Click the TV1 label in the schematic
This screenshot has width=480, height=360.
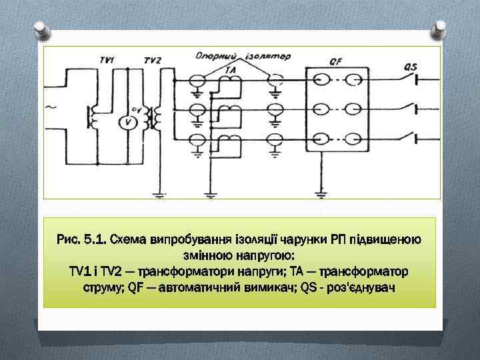[x=107, y=60]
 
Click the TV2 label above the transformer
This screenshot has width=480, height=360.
[x=152, y=61]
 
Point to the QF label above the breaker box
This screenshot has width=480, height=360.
[x=336, y=61]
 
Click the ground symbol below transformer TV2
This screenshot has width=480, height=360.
[x=159, y=195]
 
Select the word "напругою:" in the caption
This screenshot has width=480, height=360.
[x=265, y=256]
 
